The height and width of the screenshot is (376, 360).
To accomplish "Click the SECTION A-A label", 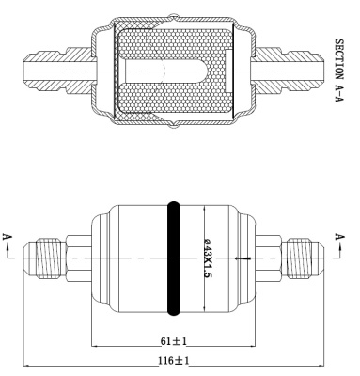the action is point(339,70).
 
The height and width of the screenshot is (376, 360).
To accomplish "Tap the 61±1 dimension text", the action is point(173,341).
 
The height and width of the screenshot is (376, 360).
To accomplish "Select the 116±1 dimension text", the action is point(173,361).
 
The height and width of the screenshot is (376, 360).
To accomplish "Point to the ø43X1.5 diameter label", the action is point(208,258).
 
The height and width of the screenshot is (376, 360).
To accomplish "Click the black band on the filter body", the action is point(173,258).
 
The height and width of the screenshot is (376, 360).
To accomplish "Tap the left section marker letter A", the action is point(7,237).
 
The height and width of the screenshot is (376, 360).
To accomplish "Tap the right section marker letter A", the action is point(339,237).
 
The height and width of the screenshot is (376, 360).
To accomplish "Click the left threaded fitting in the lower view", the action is point(48,258).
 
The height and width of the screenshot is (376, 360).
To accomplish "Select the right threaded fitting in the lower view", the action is point(299,258).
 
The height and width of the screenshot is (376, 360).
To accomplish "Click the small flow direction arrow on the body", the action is point(243,258).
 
